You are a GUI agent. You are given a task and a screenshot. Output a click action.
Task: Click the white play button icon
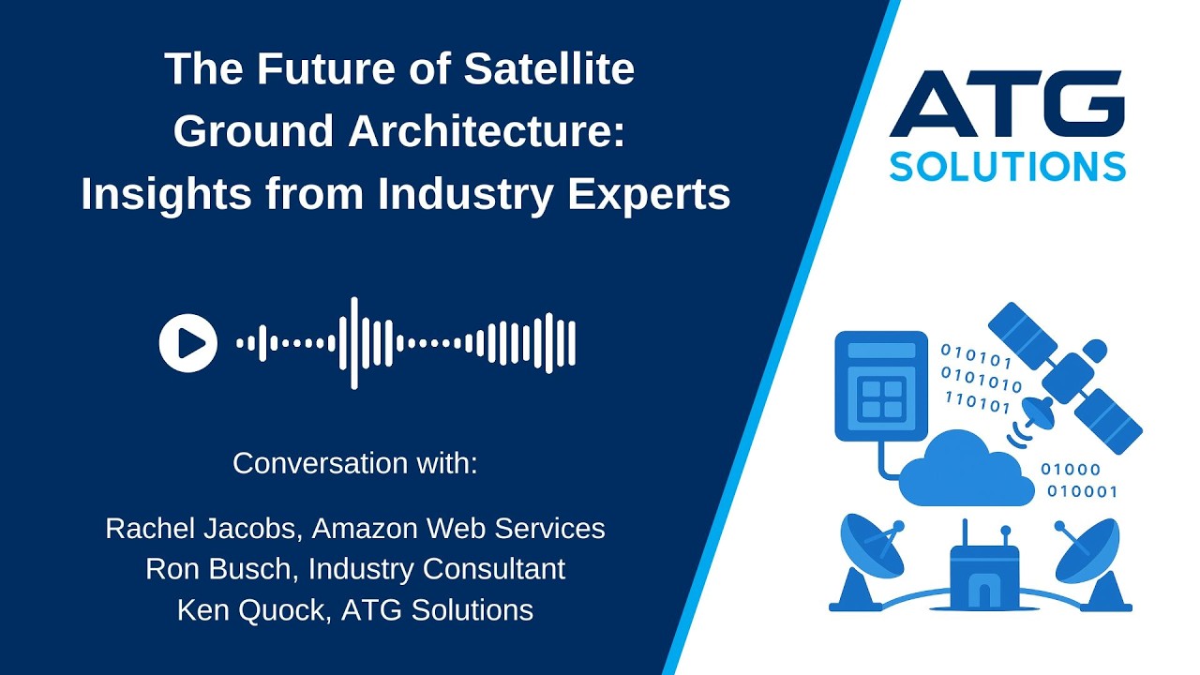click(x=188, y=343)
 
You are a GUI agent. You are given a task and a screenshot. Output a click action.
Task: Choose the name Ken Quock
click(x=250, y=610)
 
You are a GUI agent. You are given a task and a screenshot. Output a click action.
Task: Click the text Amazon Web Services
click(x=458, y=529)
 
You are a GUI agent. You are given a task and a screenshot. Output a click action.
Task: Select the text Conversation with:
click(x=355, y=463)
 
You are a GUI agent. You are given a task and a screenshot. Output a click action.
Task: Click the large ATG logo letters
click(x=1007, y=104)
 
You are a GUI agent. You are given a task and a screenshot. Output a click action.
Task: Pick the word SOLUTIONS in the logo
click(x=1007, y=165)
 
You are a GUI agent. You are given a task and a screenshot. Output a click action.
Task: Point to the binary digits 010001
click(x=1082, y=491)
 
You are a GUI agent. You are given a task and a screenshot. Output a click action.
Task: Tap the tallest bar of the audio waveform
click(x=353, y=343)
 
